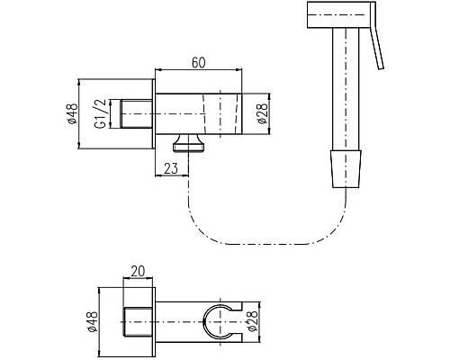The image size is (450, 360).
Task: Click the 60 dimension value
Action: pos(199,63)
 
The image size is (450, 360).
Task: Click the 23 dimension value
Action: pos(171,168)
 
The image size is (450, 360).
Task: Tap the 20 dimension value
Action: pos(138,271)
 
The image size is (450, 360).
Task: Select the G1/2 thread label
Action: pos(101,114)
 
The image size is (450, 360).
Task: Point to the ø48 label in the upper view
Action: pos(73,113)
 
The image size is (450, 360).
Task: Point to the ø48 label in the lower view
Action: pos(93,321)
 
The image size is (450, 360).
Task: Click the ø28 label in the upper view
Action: pos(262,113)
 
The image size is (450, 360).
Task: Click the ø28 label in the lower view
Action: pos(253,321)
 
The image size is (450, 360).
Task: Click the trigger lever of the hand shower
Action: pos(377,35)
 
